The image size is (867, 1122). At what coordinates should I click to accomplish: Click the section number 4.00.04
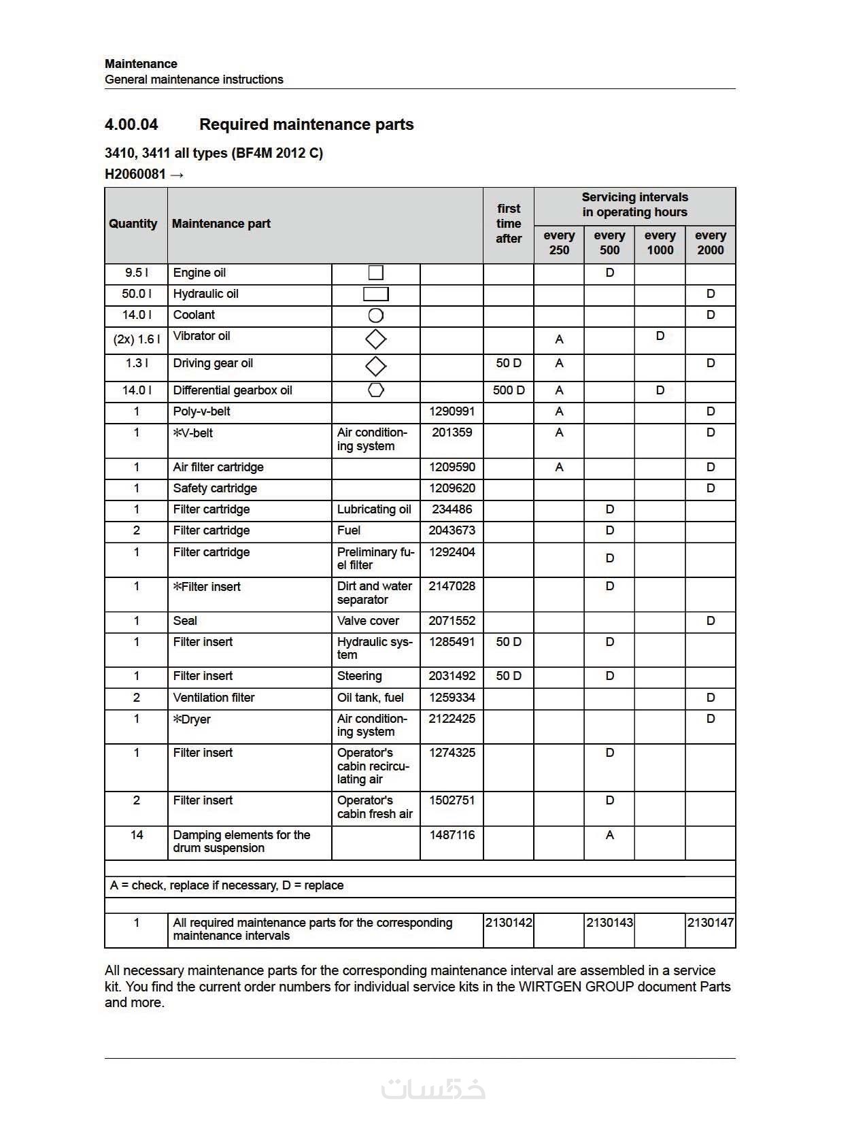pos(131,124)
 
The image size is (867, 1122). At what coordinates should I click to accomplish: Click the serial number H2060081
pos(135,174)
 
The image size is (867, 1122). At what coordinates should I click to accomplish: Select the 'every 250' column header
pos(559,243)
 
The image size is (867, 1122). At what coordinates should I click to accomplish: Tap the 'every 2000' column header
pos(710,243)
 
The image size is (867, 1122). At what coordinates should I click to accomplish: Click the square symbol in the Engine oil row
pos(375,273)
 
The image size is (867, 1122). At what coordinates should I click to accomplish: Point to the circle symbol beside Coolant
pos(375,316)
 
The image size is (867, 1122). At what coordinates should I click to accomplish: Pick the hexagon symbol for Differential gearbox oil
pos(375,390)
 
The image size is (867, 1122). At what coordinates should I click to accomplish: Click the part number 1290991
pos(452,411)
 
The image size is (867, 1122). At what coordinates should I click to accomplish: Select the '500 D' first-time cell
pos(509,390)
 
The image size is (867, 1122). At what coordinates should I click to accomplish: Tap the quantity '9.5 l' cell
pos(136,273)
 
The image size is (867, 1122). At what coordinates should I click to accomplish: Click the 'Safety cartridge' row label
pos(215,488)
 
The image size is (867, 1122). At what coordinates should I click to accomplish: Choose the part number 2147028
pos(452,586)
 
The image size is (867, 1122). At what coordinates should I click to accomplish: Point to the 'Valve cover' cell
pos(368,621)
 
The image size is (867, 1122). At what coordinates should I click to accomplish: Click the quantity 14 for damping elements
pos(136,835)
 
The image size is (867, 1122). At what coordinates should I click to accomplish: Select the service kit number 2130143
pos(609,923)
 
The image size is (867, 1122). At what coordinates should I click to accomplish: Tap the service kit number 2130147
pos(710,923)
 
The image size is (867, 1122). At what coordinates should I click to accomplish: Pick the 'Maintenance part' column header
pos(221,224)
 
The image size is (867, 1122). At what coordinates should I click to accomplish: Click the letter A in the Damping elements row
pos(609,835)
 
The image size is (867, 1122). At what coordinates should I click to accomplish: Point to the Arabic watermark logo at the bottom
pos(433,1089)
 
